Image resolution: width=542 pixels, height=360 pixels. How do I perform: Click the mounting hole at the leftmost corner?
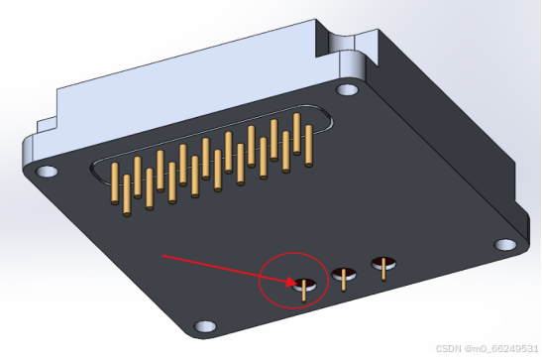47,172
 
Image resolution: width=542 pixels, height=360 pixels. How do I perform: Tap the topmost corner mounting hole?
347,90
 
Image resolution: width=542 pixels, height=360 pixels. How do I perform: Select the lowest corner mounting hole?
205,326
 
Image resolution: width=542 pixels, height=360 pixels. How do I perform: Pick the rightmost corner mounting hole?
505,245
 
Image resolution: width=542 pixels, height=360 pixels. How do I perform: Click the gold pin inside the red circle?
304,291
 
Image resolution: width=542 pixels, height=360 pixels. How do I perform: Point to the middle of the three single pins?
344,280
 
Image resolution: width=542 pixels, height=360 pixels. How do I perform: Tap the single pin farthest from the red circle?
383,269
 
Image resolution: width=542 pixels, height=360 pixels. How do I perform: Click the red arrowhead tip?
294,284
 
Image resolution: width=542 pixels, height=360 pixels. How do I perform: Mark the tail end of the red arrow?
163,256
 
